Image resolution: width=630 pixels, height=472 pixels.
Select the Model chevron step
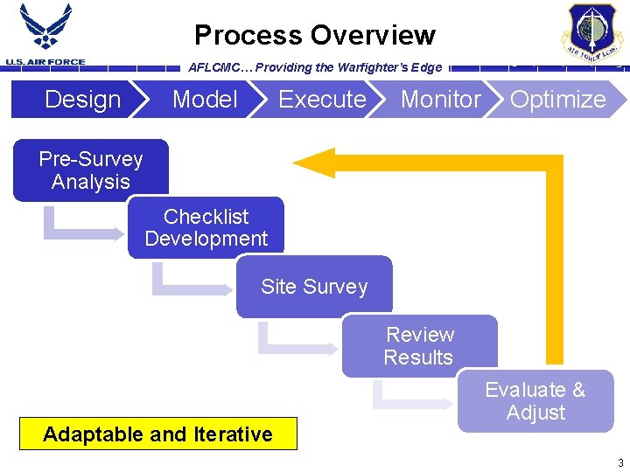point(204,100)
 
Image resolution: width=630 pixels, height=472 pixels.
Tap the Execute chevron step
point(321,100)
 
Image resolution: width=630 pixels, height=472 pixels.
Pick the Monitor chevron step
point(440,100)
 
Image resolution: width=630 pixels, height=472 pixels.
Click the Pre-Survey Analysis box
point(91,170)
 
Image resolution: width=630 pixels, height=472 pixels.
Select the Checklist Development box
point(206,228)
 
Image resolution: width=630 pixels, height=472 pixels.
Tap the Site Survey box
point(314,287)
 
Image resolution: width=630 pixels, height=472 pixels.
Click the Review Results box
point(419,346)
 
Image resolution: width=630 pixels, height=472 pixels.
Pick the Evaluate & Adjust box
point(535,401)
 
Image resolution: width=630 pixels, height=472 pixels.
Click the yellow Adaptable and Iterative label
point(158,434)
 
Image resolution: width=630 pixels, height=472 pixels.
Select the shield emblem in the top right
point(592,32)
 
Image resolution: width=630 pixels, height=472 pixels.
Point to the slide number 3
point(620,462)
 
